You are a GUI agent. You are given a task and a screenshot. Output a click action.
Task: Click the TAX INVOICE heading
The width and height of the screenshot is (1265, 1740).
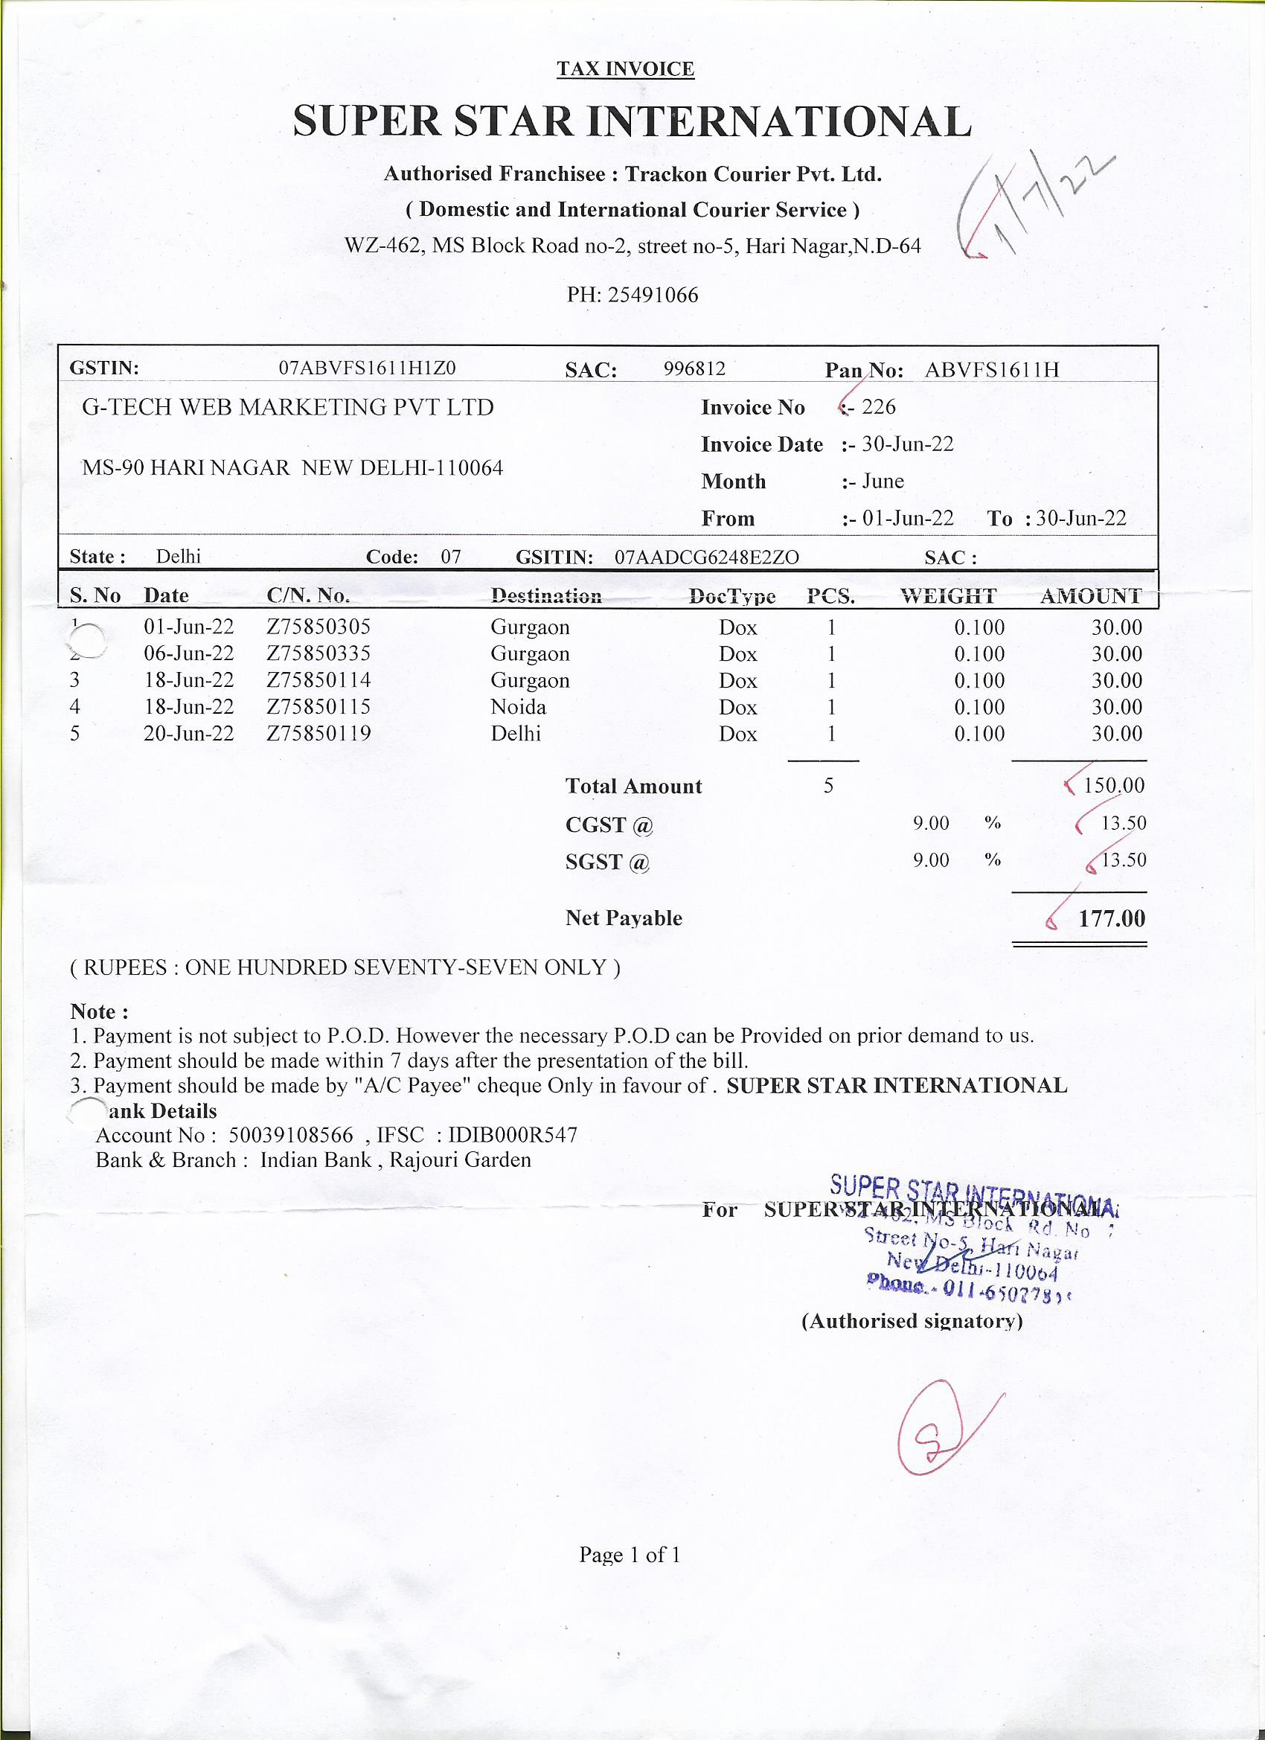(625, 69)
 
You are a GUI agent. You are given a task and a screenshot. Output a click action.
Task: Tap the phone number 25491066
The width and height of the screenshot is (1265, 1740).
(653, 295)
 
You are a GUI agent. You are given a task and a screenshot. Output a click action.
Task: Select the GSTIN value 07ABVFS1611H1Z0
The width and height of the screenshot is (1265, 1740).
(367, 368)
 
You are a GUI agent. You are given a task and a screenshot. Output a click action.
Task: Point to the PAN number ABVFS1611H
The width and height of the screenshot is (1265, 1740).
(991, 370)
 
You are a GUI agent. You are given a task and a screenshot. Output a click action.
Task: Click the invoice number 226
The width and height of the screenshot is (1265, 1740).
(878, 406)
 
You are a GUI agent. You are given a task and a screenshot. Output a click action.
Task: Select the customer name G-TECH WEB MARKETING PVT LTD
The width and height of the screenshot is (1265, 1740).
(288, 406)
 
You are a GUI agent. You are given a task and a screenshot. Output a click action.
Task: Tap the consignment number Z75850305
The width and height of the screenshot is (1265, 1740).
(318, 627)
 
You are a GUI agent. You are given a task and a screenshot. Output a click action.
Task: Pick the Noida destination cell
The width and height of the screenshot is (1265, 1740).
(519, 706)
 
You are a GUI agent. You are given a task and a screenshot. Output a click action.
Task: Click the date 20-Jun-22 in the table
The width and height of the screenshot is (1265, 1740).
(189, 734)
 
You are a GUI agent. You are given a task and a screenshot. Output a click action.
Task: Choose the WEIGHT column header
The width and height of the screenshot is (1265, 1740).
(948, 596)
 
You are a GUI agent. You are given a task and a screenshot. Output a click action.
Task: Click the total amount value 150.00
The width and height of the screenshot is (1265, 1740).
(1114, 786)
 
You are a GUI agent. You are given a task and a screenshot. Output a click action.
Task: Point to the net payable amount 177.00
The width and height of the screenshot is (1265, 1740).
(1112, 918)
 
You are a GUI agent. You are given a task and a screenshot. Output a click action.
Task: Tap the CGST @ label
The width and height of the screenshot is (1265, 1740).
(609, 825)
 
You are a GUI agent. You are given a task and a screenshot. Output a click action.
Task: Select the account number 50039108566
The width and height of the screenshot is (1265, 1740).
(291, 1135)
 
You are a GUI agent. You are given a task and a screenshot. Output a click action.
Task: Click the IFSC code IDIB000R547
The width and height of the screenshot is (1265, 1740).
(513, 1135)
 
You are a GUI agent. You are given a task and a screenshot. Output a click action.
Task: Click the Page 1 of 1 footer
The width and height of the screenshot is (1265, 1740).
(630, 1555)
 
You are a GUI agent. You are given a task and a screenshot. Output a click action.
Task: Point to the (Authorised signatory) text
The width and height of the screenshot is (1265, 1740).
(912, 1320)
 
